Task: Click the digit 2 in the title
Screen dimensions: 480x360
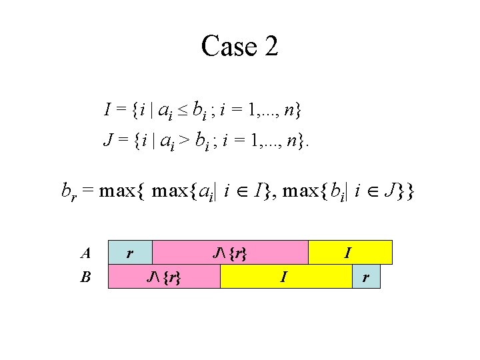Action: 269,47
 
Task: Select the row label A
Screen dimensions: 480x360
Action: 85,253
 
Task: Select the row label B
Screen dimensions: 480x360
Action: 85,276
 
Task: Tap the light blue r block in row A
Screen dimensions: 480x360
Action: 131,253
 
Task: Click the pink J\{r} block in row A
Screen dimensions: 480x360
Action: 231,253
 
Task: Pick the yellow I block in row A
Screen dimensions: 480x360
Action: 350,253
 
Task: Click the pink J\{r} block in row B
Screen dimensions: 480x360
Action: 164,276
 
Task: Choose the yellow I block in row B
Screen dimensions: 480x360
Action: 285,276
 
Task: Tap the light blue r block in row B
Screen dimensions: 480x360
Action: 366,276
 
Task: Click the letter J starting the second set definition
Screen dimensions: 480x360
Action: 107,140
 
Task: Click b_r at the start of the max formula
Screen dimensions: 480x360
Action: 68,192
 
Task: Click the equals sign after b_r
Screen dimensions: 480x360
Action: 89,191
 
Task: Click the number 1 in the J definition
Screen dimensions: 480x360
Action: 251,140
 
